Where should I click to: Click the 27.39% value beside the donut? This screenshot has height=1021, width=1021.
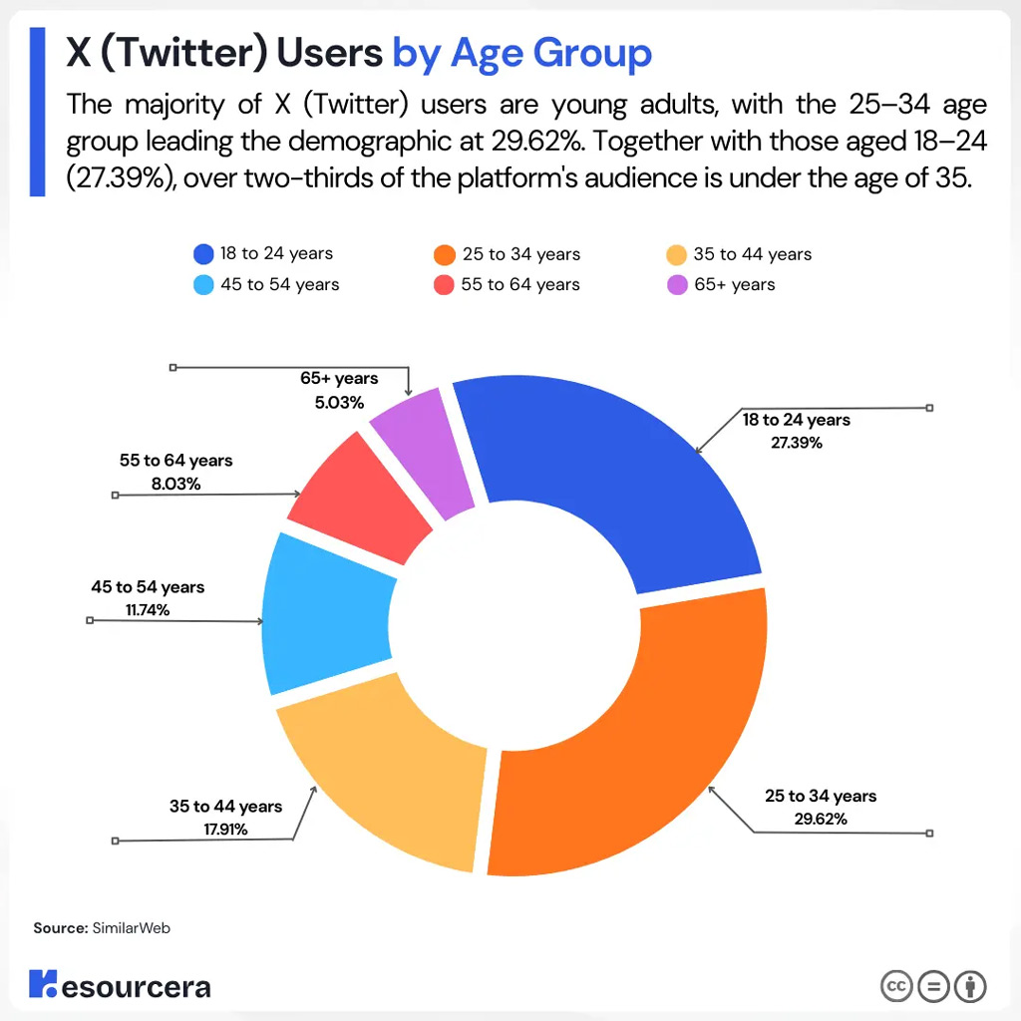pos(796,443)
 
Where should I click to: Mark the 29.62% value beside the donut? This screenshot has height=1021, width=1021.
pos(821,820)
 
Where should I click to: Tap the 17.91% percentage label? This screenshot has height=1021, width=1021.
pos(223,829)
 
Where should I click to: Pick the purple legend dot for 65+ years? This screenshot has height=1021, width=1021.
pos(676,285)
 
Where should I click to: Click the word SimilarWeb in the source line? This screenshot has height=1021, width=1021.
pos(132,928)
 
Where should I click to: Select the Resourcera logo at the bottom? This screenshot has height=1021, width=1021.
pos(120,986)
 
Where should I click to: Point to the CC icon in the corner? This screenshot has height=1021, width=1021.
pos(896,986)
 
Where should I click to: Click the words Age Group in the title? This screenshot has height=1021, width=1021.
pos(551,53)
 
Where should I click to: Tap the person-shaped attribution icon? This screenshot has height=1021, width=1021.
pos(970,986)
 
